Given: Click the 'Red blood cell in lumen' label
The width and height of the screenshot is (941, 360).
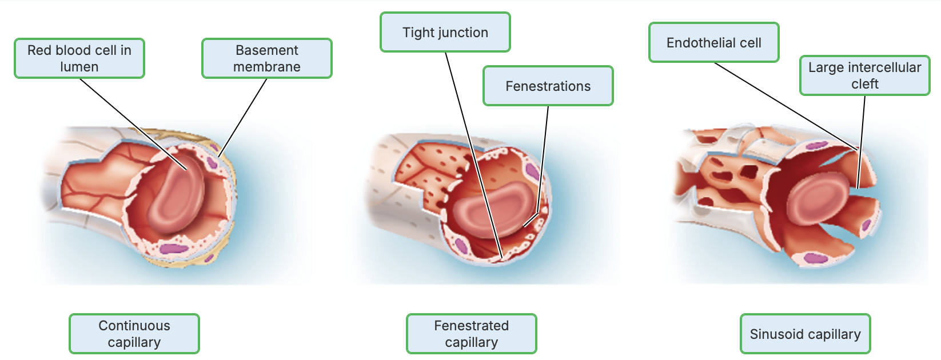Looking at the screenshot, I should tap(79, 58).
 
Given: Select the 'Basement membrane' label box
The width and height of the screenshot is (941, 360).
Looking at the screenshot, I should tap(267, 58).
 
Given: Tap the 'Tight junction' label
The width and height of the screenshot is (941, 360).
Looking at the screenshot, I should tap(445, 33).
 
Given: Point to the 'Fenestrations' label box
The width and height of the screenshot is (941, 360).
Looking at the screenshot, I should tap(548, 86).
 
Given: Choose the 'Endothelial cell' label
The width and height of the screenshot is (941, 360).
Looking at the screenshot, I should tap(714, 43).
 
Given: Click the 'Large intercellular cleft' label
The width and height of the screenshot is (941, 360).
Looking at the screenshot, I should tap(865, 75).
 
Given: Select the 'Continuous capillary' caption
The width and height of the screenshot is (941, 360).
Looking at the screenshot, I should tap(134, 334).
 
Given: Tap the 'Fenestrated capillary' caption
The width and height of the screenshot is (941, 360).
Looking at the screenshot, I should tap(472, 334).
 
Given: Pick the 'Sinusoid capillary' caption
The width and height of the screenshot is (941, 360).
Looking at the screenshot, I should tap(806, 334).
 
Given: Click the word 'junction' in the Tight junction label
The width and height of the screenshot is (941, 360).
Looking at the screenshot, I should tap(462, 33).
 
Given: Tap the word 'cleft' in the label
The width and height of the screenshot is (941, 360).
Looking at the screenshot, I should tap(865, 84).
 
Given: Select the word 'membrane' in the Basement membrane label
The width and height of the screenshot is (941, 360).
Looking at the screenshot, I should tap(267, 67).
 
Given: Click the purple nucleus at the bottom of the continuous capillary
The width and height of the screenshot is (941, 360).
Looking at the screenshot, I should tap(172, 249).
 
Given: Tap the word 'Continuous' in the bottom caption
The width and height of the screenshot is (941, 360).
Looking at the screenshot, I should tap(134, 326).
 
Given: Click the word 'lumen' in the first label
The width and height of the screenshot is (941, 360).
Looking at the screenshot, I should tap(79, 67).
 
